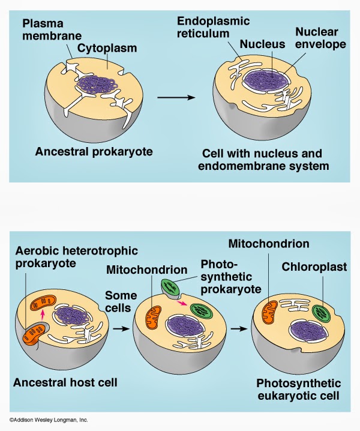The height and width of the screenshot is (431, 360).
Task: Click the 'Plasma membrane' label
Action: click(x=52, y=29)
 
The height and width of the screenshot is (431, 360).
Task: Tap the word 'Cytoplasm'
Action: click(x=107, y=48)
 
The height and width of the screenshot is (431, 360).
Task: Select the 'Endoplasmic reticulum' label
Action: click(x=213, y=27)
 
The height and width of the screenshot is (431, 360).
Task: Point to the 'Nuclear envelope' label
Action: click(x=320, y=38)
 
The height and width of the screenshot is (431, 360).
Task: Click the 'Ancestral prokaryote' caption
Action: click(x=94, y=152)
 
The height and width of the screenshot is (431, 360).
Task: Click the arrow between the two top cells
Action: click(x=176, y=97)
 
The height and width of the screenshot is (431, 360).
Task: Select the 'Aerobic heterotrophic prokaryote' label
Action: click(x=76, y=257)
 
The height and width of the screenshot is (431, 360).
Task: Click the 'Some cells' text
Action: click(x=121, y=301)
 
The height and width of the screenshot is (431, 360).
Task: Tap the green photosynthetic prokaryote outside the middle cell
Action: click(x=170, y=288)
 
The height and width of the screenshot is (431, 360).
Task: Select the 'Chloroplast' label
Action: click(x=314, y=267)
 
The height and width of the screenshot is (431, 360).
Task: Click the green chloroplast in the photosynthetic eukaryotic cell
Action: click(x=322, y=313)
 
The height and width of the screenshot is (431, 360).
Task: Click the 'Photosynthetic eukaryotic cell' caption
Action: click(x=299, y=390)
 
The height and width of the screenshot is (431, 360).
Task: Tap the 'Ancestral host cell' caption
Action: click(x=65, y=382)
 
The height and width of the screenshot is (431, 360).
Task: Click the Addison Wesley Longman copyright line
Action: click(x=49, y=420)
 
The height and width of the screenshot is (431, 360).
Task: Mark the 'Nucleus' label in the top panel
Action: click(x=262, y=44)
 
